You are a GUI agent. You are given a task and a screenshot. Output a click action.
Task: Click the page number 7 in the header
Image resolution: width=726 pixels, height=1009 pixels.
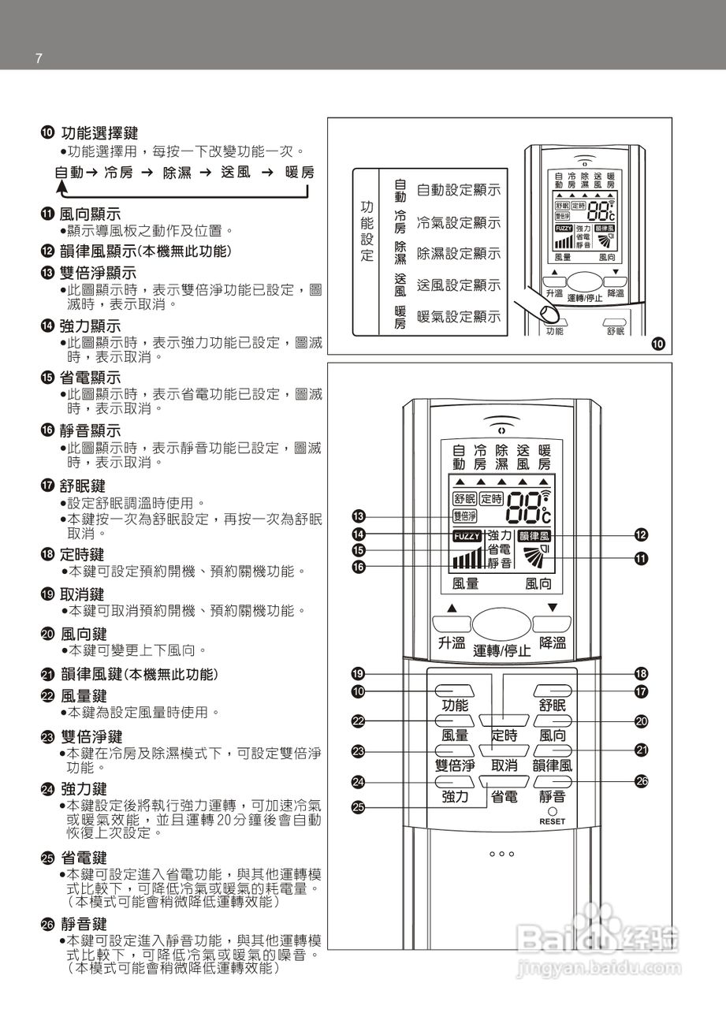(38, 60)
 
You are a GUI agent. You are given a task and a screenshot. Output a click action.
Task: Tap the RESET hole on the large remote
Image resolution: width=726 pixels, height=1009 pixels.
(553, 812)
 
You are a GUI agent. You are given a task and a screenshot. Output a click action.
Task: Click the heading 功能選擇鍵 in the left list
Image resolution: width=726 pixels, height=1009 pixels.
(99, 134)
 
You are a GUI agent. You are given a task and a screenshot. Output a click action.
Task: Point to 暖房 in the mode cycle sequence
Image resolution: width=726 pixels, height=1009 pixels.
(300, 173)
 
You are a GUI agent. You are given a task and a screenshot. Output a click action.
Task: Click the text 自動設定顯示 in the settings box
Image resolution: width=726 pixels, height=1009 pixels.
(458, 190)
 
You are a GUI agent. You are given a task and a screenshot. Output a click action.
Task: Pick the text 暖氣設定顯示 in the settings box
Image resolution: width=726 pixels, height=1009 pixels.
(458, 316)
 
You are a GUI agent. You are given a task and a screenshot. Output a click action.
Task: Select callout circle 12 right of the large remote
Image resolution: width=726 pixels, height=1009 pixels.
(641, 535)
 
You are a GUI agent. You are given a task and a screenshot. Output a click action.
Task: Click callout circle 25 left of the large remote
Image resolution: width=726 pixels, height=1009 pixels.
(358, 806)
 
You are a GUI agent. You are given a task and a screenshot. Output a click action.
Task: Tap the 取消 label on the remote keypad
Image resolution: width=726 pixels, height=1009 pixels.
(504, 765)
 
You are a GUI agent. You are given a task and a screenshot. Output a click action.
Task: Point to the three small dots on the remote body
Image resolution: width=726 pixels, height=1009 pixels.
(502, 854)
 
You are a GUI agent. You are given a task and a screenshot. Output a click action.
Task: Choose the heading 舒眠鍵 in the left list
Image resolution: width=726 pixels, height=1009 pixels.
(83, 486)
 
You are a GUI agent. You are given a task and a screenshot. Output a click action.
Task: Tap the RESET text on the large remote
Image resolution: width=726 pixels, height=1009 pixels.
(553, 821)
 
